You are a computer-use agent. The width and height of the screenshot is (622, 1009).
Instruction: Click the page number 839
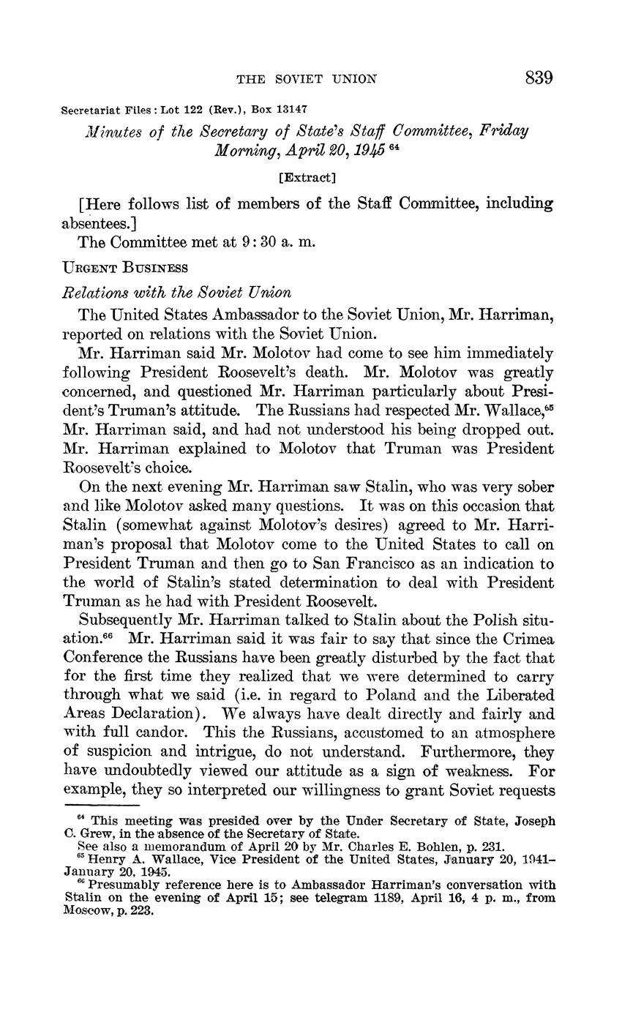[x=538, y=78]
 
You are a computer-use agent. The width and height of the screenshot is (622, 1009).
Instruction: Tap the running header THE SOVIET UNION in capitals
[x=307, y=79]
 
